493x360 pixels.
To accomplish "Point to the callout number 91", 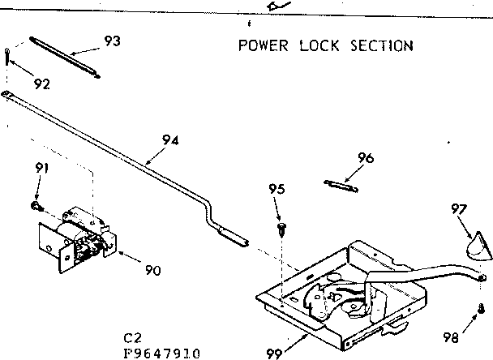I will coord(41,168).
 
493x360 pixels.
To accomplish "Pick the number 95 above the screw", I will coord(278,189).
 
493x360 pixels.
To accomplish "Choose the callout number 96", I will coord(365,159).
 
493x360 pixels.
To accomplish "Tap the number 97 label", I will coord(459,210).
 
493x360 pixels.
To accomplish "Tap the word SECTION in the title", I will coord(381,45).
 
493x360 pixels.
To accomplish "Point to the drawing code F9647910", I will coord(164,354).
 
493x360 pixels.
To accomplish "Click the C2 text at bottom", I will coord(133,340).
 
